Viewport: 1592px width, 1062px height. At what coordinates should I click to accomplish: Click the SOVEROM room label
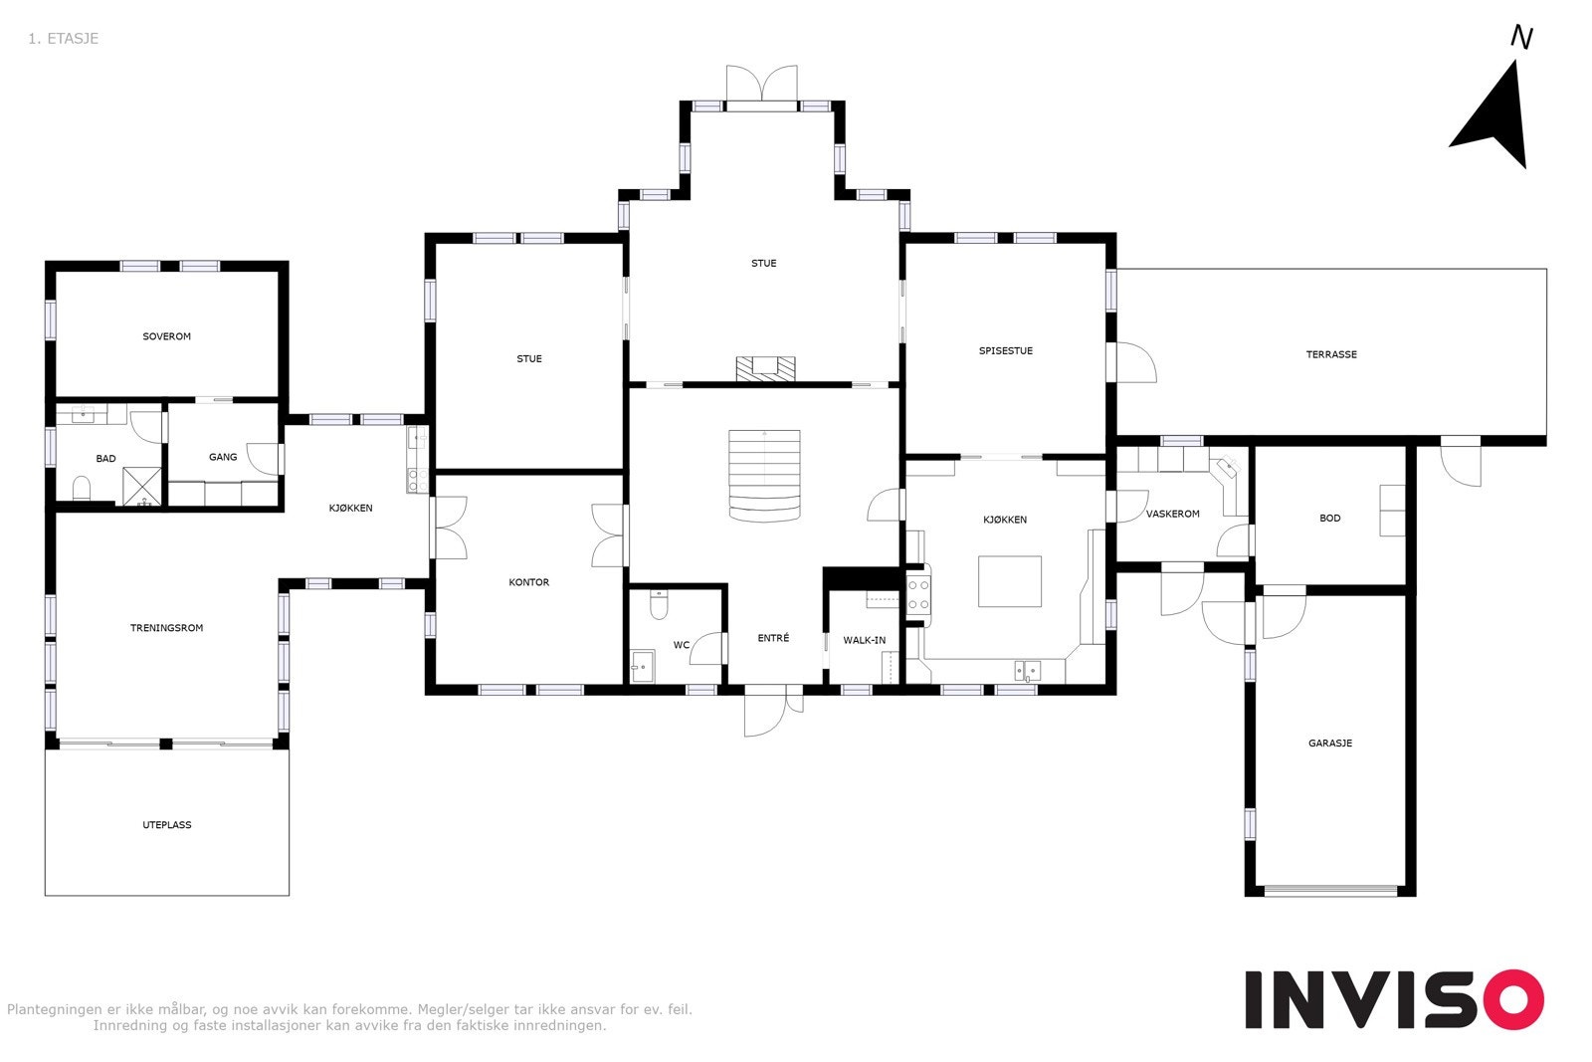pos(166,336)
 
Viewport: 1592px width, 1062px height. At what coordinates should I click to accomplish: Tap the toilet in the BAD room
pos(82,488)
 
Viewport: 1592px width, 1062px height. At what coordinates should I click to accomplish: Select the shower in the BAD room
pos(141,487)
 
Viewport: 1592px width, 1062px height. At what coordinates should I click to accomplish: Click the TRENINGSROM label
pos(166,628)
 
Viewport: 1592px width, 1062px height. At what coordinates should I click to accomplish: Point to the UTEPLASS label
pos(166,825)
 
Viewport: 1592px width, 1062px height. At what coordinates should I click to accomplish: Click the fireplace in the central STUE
pos(765,368)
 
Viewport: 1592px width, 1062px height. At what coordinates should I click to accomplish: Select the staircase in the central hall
pos(764,475)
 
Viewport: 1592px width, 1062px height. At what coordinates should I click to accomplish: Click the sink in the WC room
pos(643,666)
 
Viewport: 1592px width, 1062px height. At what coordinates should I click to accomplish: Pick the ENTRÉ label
pos(773,638)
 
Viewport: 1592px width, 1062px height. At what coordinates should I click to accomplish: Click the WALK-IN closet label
pos(864,640)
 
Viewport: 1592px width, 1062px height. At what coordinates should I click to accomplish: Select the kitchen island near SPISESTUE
pos(1009,581)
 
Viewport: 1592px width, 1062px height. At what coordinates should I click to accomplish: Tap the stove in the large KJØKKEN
pos(917,594)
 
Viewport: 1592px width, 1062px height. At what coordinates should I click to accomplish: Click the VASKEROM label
pos(1172,515)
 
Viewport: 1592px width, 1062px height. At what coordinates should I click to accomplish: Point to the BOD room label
pos(1329,519)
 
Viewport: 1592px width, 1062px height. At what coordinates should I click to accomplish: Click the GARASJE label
pos(1329,743)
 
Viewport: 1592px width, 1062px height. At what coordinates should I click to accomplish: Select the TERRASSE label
pos(1330,354)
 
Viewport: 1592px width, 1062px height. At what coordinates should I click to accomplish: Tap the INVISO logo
pos(1393,999)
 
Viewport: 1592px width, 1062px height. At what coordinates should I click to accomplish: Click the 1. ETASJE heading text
pos(64,39)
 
